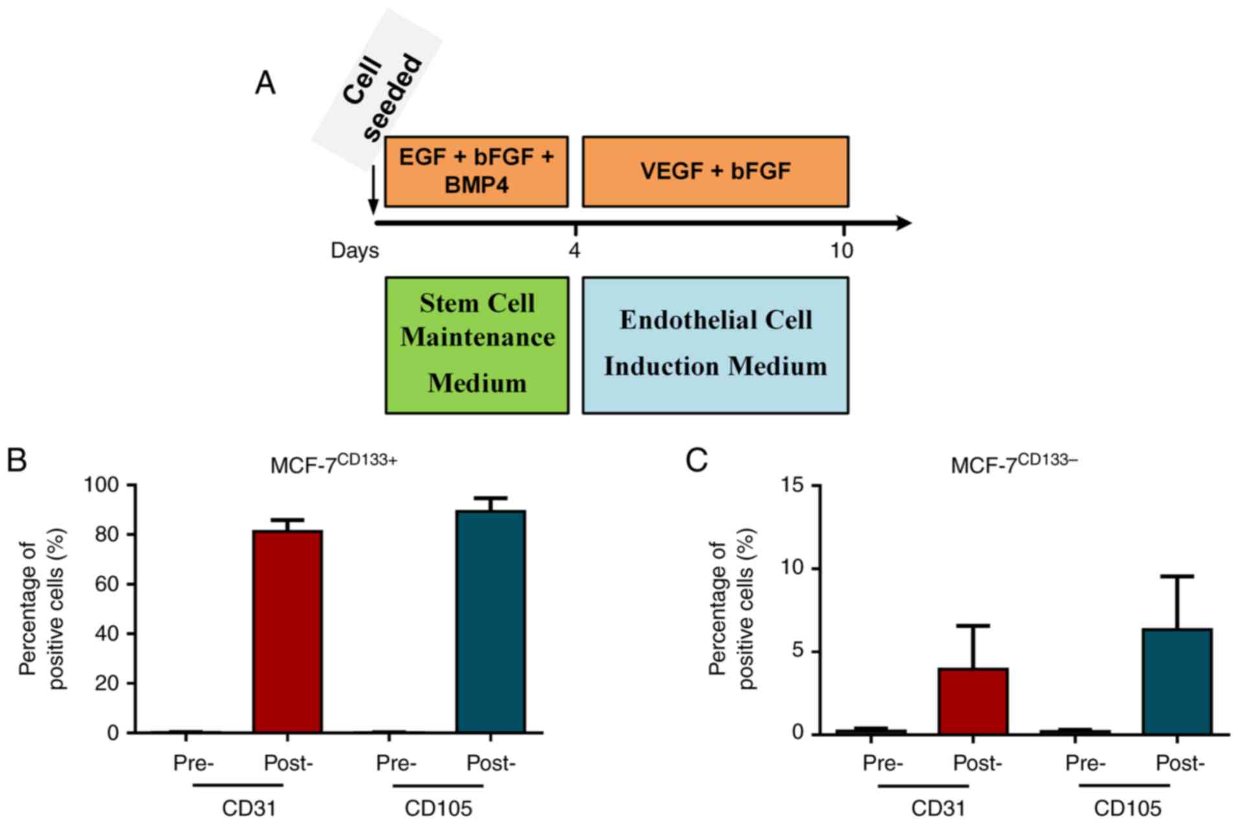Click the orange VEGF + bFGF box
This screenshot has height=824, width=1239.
tap(715, 172)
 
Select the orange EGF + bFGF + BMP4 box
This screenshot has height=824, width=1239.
tap(476, 172)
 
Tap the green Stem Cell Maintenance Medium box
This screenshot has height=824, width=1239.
tap(477, 345)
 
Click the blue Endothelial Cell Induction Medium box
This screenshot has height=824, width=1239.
tap(715, 345)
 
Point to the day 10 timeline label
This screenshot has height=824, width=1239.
tap(841, 250)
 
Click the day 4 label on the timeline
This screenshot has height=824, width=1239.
tap(574, 250)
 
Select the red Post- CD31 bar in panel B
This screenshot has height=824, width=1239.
tap(288, 631)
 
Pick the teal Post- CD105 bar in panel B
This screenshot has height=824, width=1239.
tap(490, 621)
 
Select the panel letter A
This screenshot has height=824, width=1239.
tap(266, 84)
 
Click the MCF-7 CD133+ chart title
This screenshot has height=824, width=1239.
tap(333, 464)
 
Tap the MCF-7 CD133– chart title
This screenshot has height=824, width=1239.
tap(1014, 464)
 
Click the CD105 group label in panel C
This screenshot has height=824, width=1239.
tap(1127, 808)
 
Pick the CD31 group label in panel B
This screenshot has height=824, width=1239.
tap(249, 808)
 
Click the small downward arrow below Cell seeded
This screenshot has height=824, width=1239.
tap(373, 190)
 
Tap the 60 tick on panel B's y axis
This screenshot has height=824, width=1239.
tap(108, 584)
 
